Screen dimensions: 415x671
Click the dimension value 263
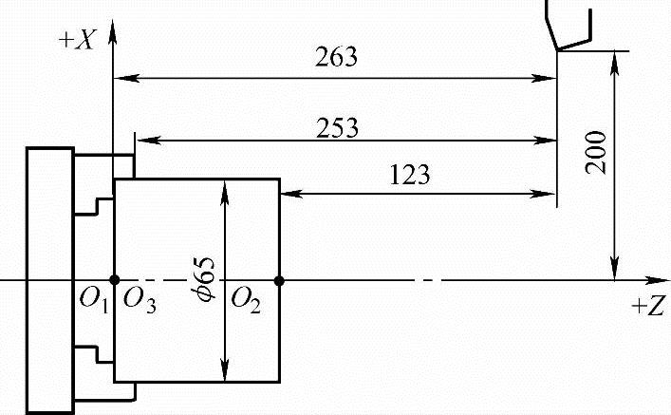pyautogui.click(x=337, y=57)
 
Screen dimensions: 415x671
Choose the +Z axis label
pyautogui.click(x=649, y=306)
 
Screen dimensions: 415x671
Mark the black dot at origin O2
pyautogui.click(x=279, y=280)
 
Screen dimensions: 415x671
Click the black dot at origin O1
pyautogui.click(x=114, y=280)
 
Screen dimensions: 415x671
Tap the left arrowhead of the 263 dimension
pyautogui.click(x=121, y=75)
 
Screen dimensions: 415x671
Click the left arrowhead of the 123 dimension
pyautogui.click(x=288, y=193)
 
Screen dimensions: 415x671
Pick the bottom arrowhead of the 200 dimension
pyautogui.click(x=615, y=273)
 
